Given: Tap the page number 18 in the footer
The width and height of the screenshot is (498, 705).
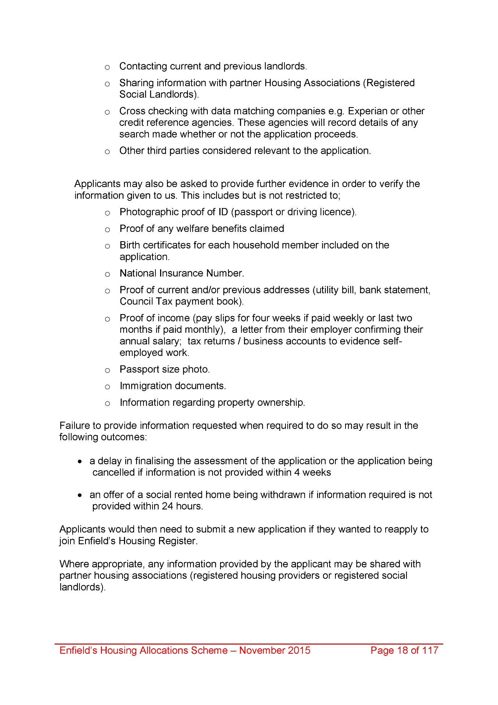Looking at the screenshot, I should coord(402,650).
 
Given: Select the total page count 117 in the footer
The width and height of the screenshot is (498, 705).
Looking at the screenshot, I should coord(430,650).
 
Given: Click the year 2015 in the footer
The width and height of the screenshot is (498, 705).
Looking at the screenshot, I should coord(299,650).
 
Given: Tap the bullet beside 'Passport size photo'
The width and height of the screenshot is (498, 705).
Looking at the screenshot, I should coord(107,370).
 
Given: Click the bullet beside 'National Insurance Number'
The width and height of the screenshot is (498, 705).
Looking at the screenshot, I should coord(107,274).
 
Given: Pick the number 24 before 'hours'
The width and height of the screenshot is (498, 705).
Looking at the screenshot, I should coord(167,506).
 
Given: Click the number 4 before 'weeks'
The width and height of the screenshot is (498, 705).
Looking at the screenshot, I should coord(297,472).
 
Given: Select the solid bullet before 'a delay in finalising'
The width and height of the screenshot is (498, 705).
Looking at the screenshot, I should coord(80,462).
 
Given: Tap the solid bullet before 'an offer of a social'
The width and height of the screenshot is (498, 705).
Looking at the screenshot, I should coord(80,495).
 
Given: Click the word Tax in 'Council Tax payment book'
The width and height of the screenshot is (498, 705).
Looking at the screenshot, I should coord(164,301).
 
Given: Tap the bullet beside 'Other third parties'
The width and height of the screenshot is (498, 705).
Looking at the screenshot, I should coord(107,152).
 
